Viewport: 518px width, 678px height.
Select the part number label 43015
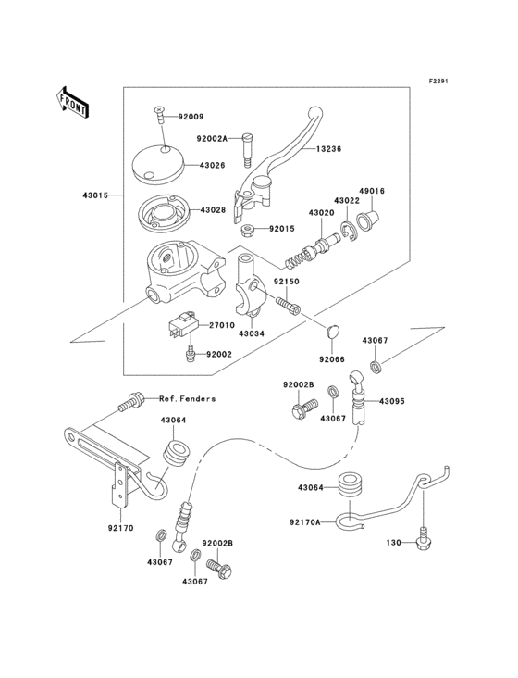96,195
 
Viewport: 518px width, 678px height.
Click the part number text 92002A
211,138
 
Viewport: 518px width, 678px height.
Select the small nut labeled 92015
248,229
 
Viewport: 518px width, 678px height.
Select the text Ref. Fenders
187,399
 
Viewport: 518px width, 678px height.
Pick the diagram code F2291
438,81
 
